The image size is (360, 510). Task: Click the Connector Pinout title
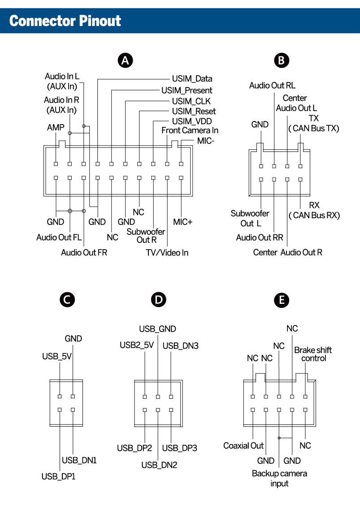65,21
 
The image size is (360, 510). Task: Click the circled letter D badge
158,300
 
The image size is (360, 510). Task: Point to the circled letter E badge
281,300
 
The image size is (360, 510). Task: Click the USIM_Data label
192,79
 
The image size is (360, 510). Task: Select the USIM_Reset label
194,111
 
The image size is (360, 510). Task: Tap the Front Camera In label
190,130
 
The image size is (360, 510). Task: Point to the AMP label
56,127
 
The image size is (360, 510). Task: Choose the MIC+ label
182,222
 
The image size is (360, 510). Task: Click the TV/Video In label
167,253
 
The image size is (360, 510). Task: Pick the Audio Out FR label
84,253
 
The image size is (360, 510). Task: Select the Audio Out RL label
272,85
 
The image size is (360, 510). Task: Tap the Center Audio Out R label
287,252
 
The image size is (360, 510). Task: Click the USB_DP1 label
58,476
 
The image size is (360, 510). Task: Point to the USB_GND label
157,329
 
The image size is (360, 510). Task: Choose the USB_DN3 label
180,346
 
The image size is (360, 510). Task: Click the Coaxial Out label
243,446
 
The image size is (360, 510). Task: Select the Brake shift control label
313,354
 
